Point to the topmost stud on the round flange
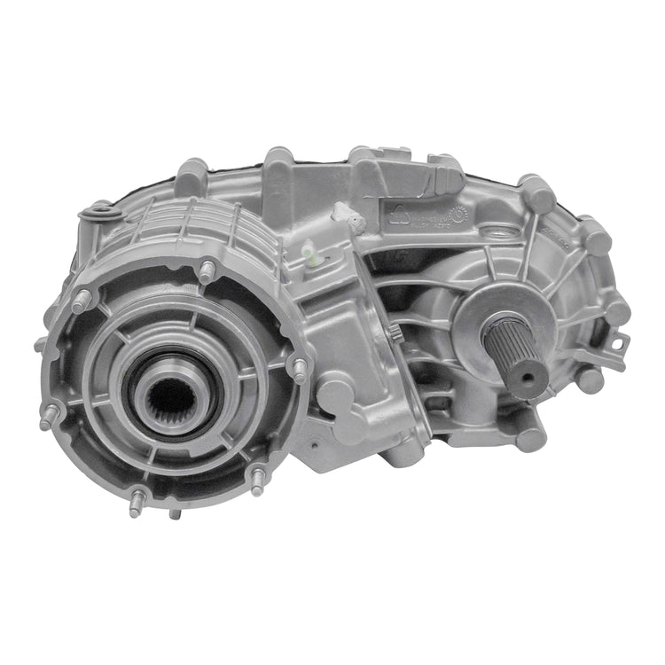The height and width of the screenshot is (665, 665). click(207, 270)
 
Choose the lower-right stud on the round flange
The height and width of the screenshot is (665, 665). click(256, 482)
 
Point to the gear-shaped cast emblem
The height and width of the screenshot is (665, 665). click(458, 213)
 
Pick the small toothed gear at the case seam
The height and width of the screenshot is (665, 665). click(392, 333)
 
